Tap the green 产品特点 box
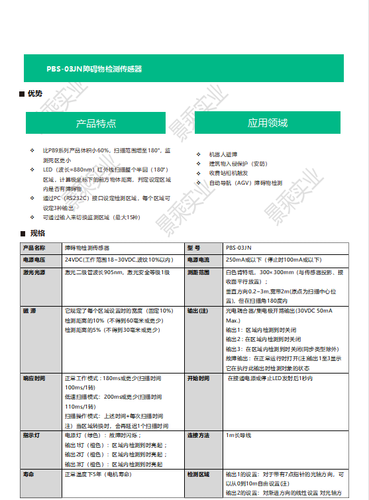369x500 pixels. [95, 123]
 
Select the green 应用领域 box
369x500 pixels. [267, 123]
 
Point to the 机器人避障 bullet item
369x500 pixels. [223, 154]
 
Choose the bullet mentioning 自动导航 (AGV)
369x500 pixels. [245, 183]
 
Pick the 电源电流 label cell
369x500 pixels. [198, 260]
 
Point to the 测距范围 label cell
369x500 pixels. [198, 272]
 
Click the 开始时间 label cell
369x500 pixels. [198, 378]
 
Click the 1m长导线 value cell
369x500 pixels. [238, 435]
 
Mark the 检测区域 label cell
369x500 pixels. [198, 475]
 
